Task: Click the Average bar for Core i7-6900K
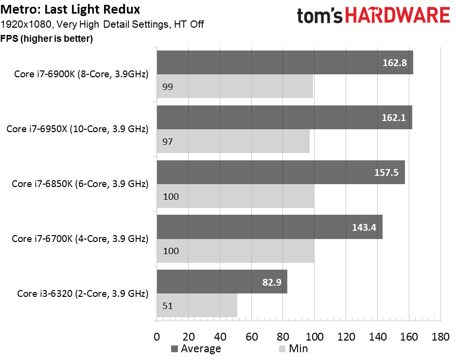coord(285,63)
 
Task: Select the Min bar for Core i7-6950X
coord(233,141)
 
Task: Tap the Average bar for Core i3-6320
coord(222,282)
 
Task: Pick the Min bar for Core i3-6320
coord(197,306)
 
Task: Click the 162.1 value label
coord(393,118)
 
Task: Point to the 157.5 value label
coord(386,172)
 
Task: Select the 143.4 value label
coord(364,227)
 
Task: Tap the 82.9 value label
coord(272,282)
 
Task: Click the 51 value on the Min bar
coord(168,306)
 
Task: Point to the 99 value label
coord(168,86)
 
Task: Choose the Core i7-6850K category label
coord(80,184)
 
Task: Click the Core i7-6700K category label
coord(80,239)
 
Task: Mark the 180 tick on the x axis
coord(440,337)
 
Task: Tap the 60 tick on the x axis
coord(251,337)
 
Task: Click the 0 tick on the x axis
coord(157,337)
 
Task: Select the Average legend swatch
coord(175,349)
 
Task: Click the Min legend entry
coord(293,349)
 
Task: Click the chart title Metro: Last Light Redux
coord(70,9)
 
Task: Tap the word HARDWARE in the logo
coord(398,15)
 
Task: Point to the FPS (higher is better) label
coord(47,38)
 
